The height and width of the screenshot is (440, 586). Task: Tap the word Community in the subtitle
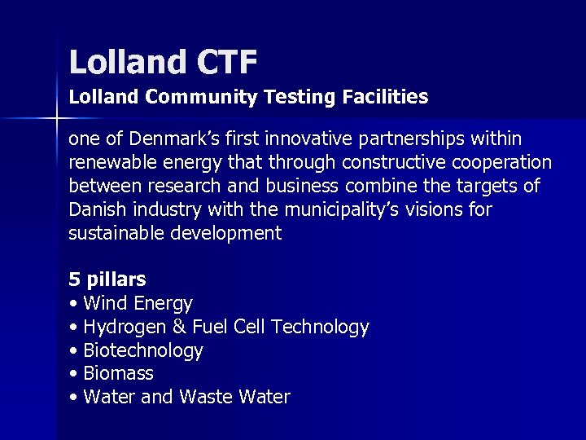pos(202,97)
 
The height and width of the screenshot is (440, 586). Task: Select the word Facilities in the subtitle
pos(382,97)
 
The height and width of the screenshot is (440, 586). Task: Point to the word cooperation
pos(496,163)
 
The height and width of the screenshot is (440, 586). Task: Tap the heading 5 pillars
pos(107,279)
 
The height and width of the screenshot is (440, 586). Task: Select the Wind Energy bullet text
pos(138,304)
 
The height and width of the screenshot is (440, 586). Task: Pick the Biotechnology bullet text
pos(143,351)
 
